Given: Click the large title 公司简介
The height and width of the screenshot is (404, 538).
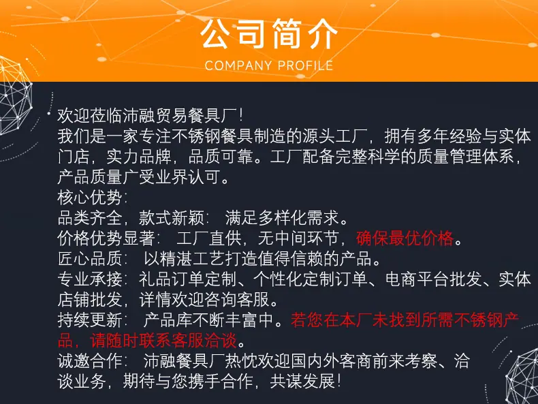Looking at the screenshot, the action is point(268,34).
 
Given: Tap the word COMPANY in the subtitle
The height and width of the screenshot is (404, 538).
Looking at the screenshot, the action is point(238,65).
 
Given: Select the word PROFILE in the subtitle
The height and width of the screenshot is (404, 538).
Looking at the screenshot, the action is point(305,65).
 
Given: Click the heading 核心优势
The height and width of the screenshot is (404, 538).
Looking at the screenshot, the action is point(89,197).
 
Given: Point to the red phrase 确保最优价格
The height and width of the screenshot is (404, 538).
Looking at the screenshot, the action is point(405,238).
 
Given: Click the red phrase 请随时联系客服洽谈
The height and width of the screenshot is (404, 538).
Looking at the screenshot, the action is point(163,341).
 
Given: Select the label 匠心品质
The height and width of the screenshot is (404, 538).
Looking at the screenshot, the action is point(89,258).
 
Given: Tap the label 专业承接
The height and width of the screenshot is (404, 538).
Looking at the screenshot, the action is point(89,279).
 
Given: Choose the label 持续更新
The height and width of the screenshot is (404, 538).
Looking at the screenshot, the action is point(89,320).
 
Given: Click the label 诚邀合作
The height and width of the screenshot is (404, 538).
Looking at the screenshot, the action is point(89,361).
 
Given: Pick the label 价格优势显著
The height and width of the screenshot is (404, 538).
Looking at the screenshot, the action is point(106,238).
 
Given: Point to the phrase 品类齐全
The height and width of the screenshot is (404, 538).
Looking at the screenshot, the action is point(89,217).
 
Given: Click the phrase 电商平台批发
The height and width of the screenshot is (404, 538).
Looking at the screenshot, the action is point(434,279).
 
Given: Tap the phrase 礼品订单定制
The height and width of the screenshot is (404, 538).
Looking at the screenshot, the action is point(187,279).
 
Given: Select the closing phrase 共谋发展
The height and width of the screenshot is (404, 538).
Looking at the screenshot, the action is point(302,382).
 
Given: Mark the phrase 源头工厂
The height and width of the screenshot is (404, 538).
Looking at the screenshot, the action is point(335,136).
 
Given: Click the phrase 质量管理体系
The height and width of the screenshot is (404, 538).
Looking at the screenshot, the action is point(466,157).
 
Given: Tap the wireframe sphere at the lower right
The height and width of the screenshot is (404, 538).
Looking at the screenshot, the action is point(522,377).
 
